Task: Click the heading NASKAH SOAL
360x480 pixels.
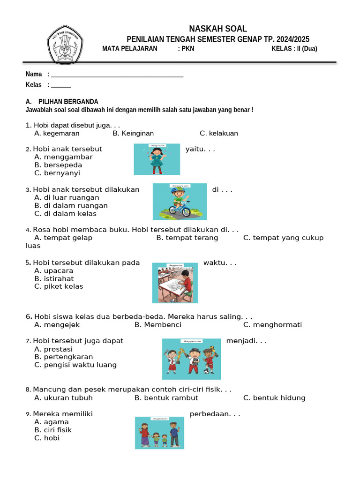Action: tap(217, 29)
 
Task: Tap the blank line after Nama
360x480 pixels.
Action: tap(117, 75)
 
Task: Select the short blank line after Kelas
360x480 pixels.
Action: tap(61, 85)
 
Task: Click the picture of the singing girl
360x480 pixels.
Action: tap(157, 159)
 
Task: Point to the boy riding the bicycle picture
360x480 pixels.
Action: tap(180, 202)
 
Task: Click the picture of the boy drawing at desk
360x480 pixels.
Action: tap(175, 283)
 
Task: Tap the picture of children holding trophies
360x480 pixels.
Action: tap(191, 359)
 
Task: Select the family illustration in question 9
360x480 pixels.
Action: tap(159, 433)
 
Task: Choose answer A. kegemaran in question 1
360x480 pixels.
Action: tap(57, 134)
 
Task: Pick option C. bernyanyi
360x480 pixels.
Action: tap(57, 173)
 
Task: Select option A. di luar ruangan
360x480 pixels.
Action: tap(67, 198)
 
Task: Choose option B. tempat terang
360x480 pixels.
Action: tap(187, 238)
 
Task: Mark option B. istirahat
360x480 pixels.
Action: tap(54, 279)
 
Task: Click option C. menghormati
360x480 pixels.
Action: tap(272, 325)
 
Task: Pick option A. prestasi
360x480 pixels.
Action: tap(53, 349)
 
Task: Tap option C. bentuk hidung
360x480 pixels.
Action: tap(274, 398)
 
